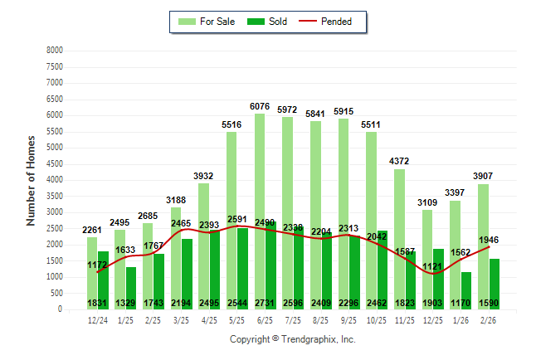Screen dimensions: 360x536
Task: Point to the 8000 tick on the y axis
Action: point(54,51)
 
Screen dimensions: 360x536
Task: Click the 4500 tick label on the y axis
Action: point(54,163)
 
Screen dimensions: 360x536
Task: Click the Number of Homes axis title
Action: point(31,180)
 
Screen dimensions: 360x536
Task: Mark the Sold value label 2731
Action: point(265,303)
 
